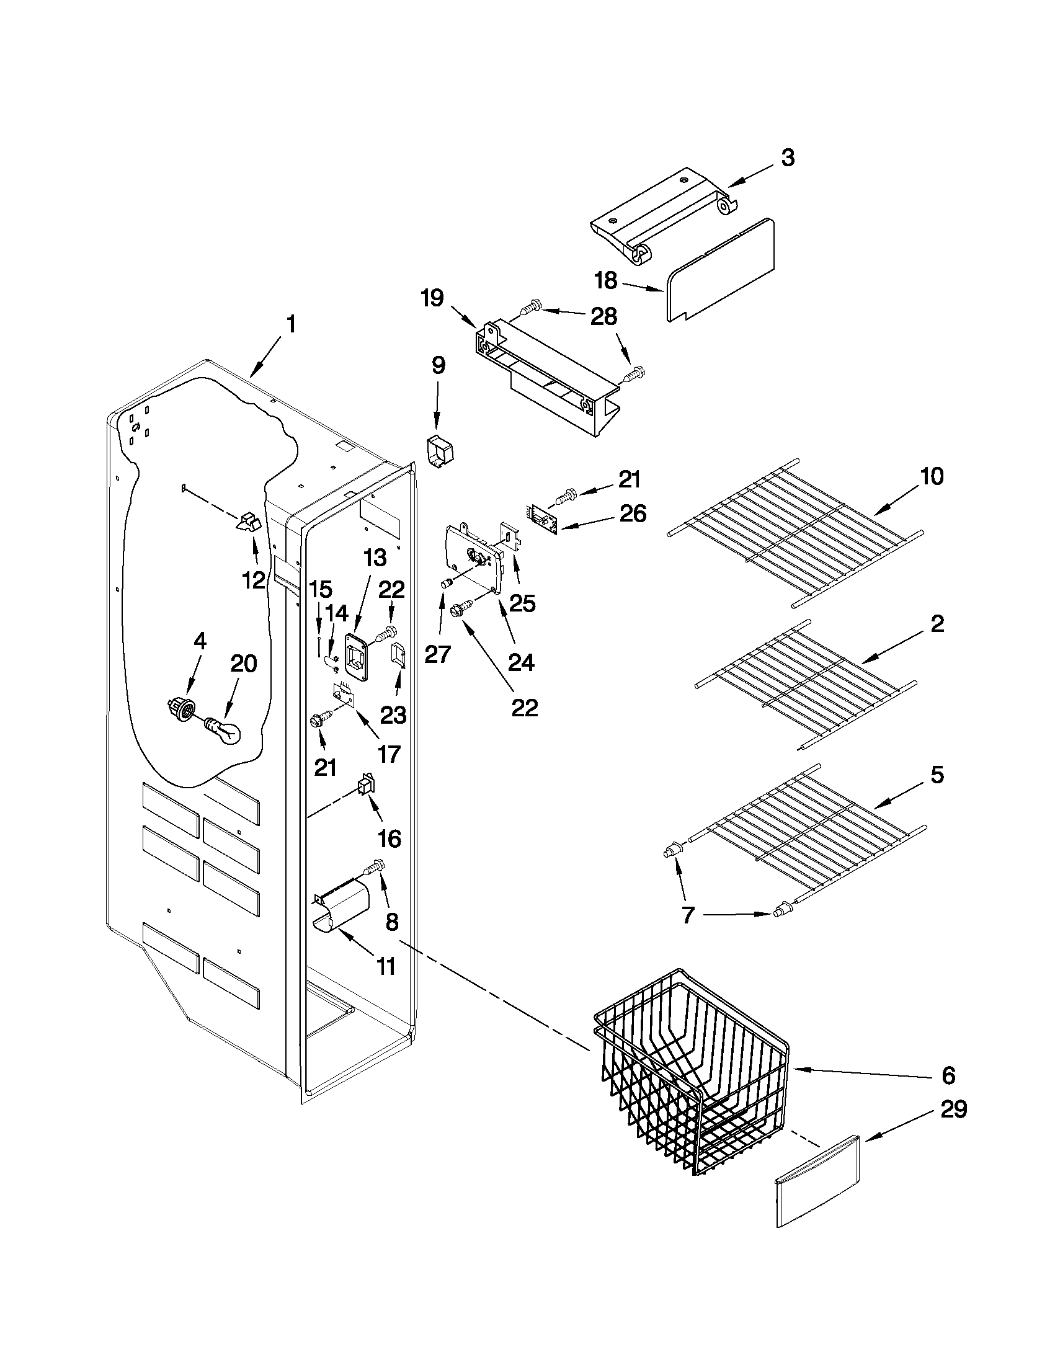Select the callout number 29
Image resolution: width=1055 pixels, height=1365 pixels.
[x=954, y=1109]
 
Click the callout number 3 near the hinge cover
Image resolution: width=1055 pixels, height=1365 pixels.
[x=788, y=158]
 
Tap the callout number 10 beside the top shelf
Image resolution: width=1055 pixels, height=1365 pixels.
[x=932, y=476]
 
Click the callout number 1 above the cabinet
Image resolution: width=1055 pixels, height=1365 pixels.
[x=291, y=325]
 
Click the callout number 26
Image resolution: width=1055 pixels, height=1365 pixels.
[x=632, y=514]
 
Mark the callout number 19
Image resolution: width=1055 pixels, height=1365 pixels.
[x=432, y=298]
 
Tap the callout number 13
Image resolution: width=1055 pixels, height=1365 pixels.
[x=375, y=557]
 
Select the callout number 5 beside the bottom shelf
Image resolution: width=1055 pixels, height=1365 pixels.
[x=937, y=775]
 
